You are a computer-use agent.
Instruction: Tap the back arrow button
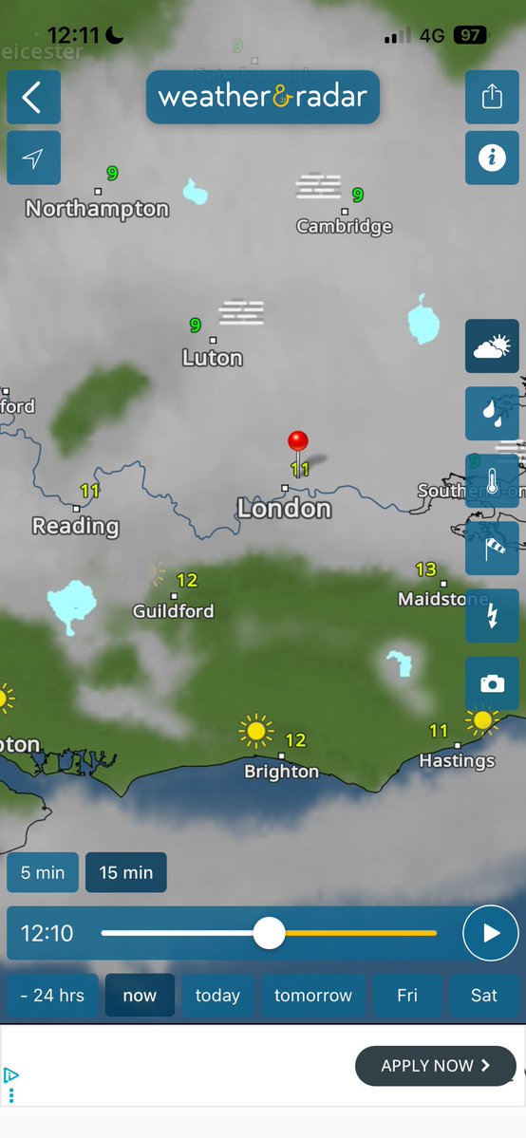(33, 97)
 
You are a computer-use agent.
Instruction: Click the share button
(492, 97)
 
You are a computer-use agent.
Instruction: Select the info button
(492, 158)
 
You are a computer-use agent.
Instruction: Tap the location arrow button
(33, 158)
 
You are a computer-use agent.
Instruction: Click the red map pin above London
(298, 441)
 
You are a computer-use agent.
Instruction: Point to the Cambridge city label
(344, 227)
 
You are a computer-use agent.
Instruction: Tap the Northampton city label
(97, 209)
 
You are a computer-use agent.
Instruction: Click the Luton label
(213, 359)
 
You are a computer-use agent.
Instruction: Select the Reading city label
(75, 526)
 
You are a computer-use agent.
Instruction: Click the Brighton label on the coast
(281, 772)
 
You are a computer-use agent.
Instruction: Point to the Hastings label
(457, 761)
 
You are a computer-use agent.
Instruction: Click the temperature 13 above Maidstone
(425, 569)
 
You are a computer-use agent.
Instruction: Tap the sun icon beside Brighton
(255, 732)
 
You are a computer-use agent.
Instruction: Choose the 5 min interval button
(43, 872)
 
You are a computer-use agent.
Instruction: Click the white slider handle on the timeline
(270, 933)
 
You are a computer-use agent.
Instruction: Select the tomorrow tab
(312, 996)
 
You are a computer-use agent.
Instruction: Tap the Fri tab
(407, 996)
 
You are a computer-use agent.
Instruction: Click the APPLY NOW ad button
(436, 1066)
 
